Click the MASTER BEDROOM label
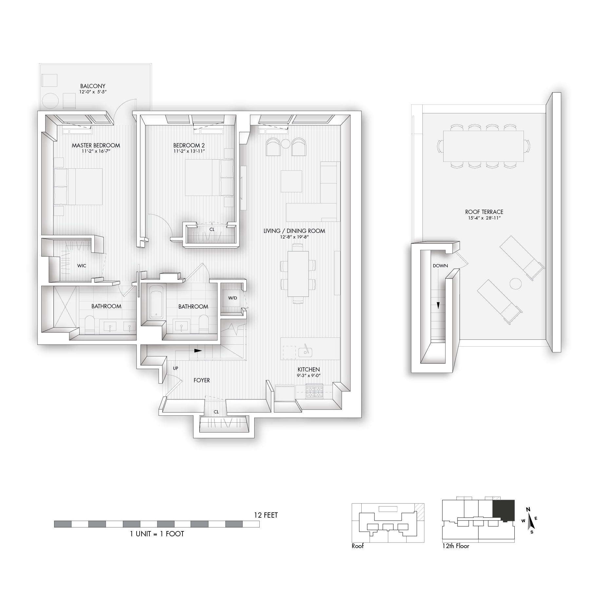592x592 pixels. click(x=96, y=145)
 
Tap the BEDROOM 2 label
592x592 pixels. click(x=189, y=145)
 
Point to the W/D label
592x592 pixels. click(x=233, y=298)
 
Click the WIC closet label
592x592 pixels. click(x=82, y=266)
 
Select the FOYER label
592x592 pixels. click(x=202, y=380)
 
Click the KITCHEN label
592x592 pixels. click(x=309, y=370)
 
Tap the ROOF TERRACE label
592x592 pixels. click(x=484, y=212)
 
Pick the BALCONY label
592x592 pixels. click(x=93, y=86)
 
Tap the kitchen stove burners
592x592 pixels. click(x=314, y=391)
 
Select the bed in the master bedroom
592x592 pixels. click(x=78, y=187)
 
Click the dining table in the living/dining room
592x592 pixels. click(x=298, y=274)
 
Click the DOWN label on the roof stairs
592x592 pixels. click(x=440, y=266)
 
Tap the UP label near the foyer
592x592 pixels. click(x=176, y=368)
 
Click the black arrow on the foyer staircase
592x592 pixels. click(x=198, y=350)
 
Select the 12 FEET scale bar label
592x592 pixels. click(x=266, y=515)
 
